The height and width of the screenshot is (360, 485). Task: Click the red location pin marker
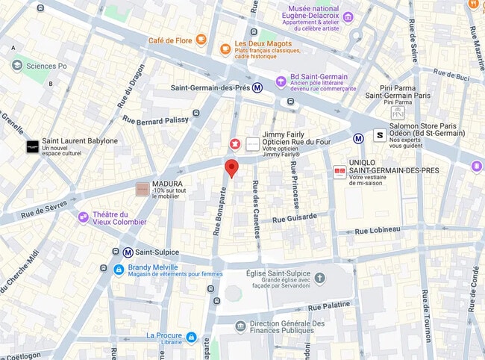(231, 168)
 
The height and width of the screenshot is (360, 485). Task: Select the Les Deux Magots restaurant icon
(225, 49)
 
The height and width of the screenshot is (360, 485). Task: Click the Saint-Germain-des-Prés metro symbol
(258, 87)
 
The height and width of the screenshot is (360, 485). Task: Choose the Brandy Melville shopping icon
(119, 269)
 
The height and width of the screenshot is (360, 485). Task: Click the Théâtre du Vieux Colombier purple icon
(84, 217)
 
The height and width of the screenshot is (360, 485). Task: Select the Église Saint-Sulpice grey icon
(320, 279)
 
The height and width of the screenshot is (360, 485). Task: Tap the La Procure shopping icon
(191, 337)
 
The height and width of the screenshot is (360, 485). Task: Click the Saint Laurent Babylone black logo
(32, 146)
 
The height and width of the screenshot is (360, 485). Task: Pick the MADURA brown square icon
(141, 190)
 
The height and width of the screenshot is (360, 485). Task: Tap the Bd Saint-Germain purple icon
(281, 81)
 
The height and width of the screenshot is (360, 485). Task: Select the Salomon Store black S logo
(380, 135)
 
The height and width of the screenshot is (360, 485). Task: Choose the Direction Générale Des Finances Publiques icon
(240, 326)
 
